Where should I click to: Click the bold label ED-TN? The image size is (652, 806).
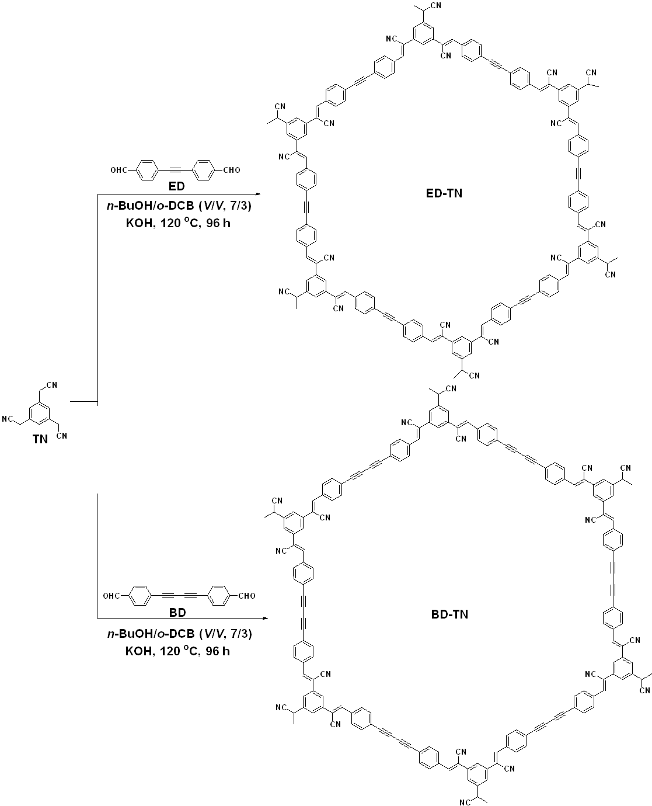pyautogui.click(x=444, y=193)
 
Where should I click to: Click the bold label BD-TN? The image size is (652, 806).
pyautogui.click(x=447, y=614)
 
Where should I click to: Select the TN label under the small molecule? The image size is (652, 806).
pyautogui.click(x=40, y=440)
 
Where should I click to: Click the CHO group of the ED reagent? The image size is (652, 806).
pyautogui.click(x=231, y=171)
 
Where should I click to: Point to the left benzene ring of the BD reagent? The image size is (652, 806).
pyautogui.click(x=138, y=596)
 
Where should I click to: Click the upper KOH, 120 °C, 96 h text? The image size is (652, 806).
pyautogui.click(x=178, y=223)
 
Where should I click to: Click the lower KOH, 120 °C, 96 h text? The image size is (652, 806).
pyautogui.click(x=178, y=651)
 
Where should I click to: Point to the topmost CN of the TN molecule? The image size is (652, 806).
pyautogui.click(x=51, y=384)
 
